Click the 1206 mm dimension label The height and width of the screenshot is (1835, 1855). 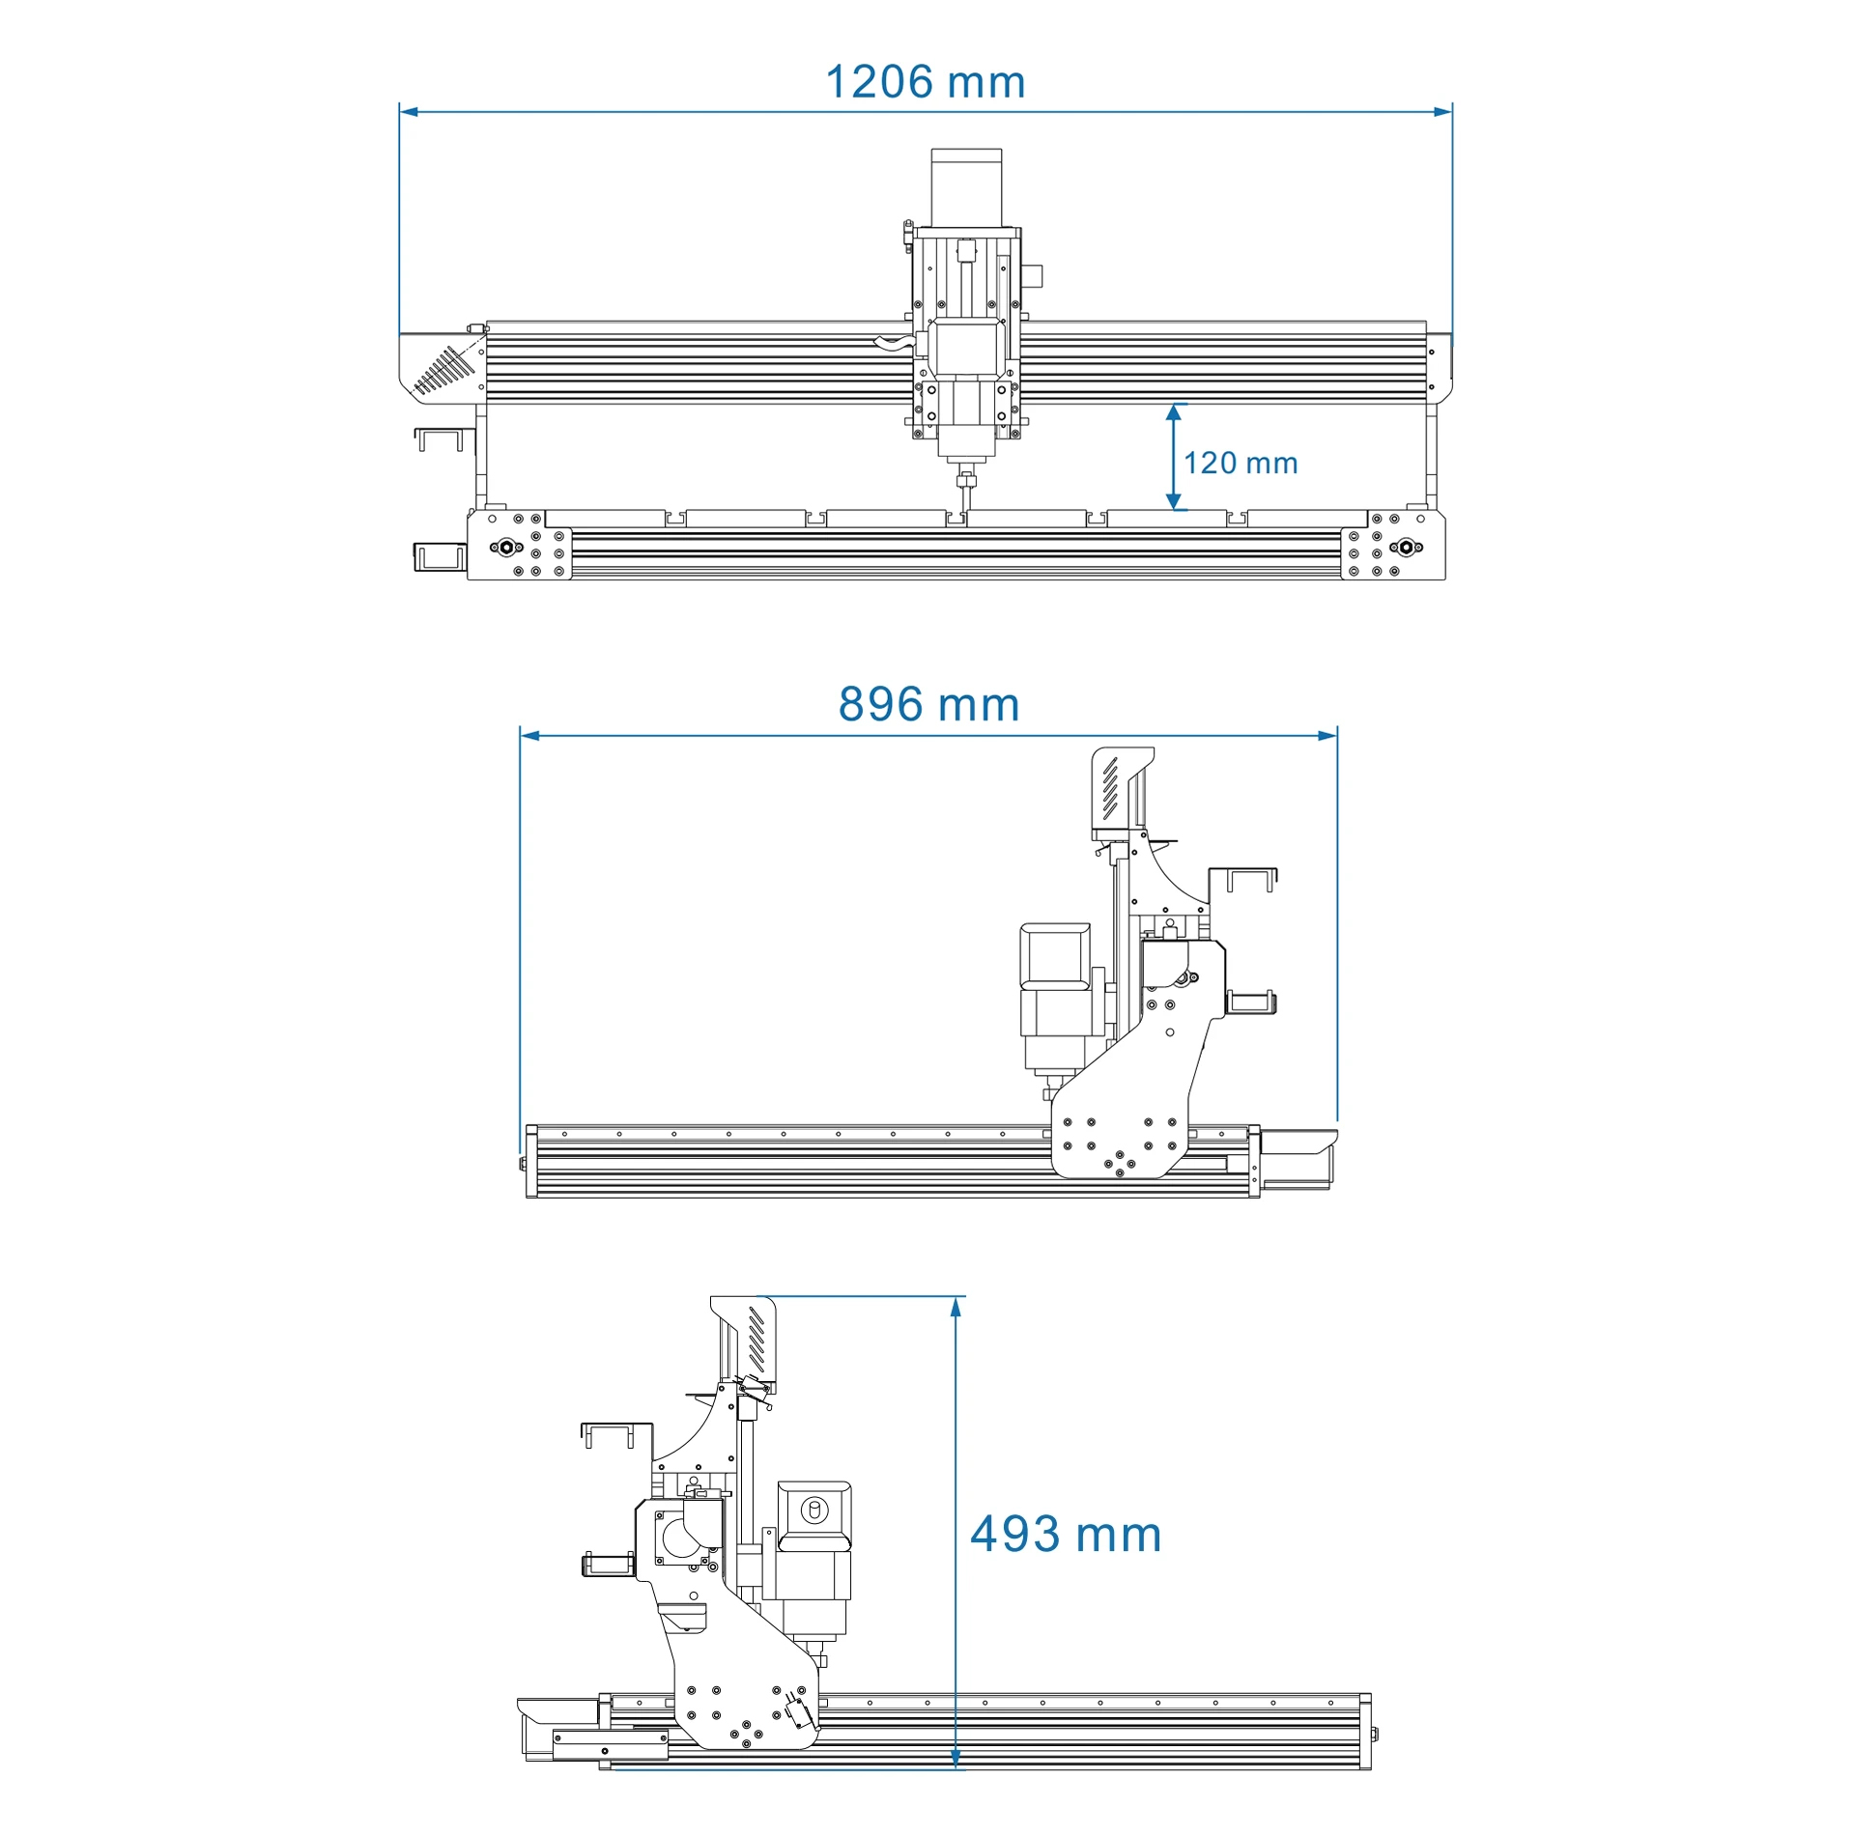tap(925, 82)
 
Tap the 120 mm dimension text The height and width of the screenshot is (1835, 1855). tap(1241, 463)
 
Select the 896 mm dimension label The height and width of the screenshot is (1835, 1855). tap(928, 704)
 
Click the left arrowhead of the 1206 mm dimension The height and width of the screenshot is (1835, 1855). tap(409, 111)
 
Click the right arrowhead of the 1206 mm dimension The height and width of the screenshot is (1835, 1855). tap(1442, 111)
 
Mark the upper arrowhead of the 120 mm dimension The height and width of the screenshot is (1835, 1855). tap(1173, 413)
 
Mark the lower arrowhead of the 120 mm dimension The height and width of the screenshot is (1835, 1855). tap(1173, 499)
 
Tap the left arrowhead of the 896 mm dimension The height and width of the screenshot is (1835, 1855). tap(529, 736)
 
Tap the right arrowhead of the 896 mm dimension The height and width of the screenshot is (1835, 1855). tap(1328, 736)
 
